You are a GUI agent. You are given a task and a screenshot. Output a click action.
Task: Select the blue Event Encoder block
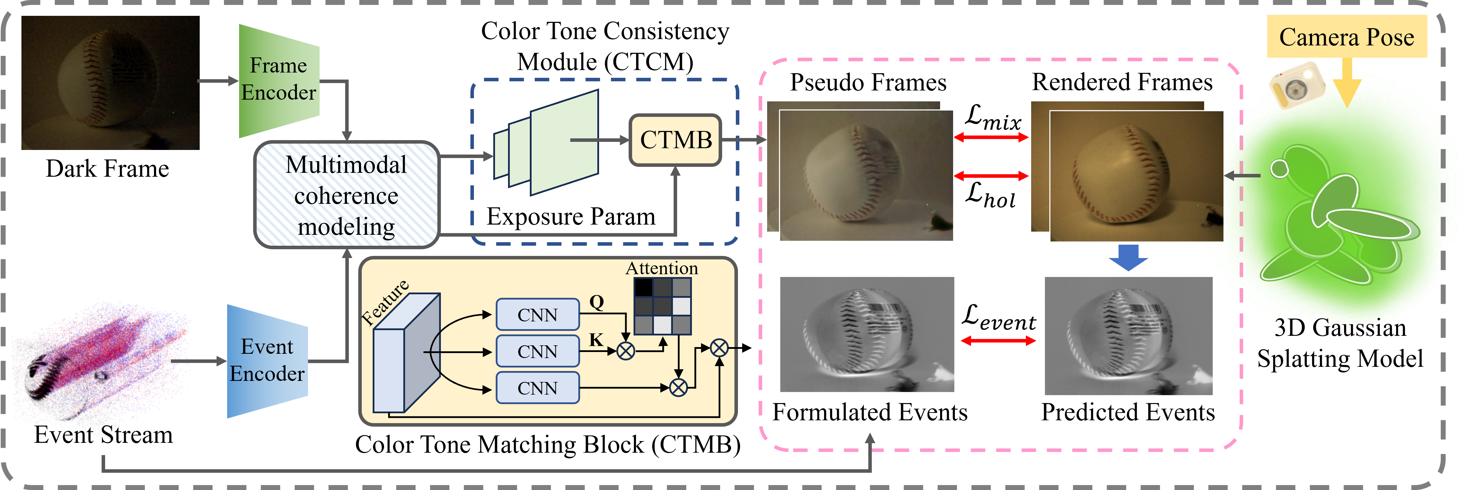click(267, 361)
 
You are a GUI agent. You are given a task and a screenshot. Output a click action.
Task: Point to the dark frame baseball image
click(110, 83)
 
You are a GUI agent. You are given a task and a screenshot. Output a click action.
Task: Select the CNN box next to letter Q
click(538, 315)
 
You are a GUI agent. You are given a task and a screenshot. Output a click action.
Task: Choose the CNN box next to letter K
click(538, 351)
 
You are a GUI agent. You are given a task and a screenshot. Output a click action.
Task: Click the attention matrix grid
click(663, 306)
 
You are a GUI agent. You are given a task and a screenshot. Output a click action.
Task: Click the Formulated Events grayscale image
click(867, 335)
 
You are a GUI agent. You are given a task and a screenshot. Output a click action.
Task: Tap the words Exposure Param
click(570, 216)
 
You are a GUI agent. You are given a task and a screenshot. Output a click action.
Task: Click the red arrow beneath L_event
click(998, 341)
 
